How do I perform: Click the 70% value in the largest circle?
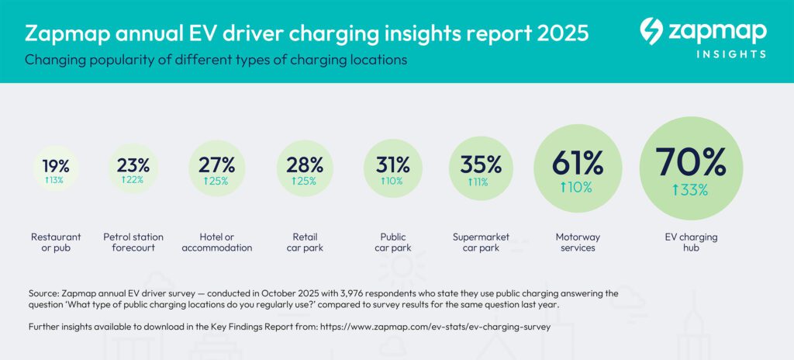click(691, 162)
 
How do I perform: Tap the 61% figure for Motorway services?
click(577, 164)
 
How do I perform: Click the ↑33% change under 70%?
click(691, 190)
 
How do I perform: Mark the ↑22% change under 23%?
click(133, 180)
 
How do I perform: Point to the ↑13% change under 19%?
click(56, 180)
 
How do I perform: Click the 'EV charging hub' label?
click(691, 242)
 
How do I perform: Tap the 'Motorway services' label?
click(577, 242)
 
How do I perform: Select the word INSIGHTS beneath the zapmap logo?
click(730, 54)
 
